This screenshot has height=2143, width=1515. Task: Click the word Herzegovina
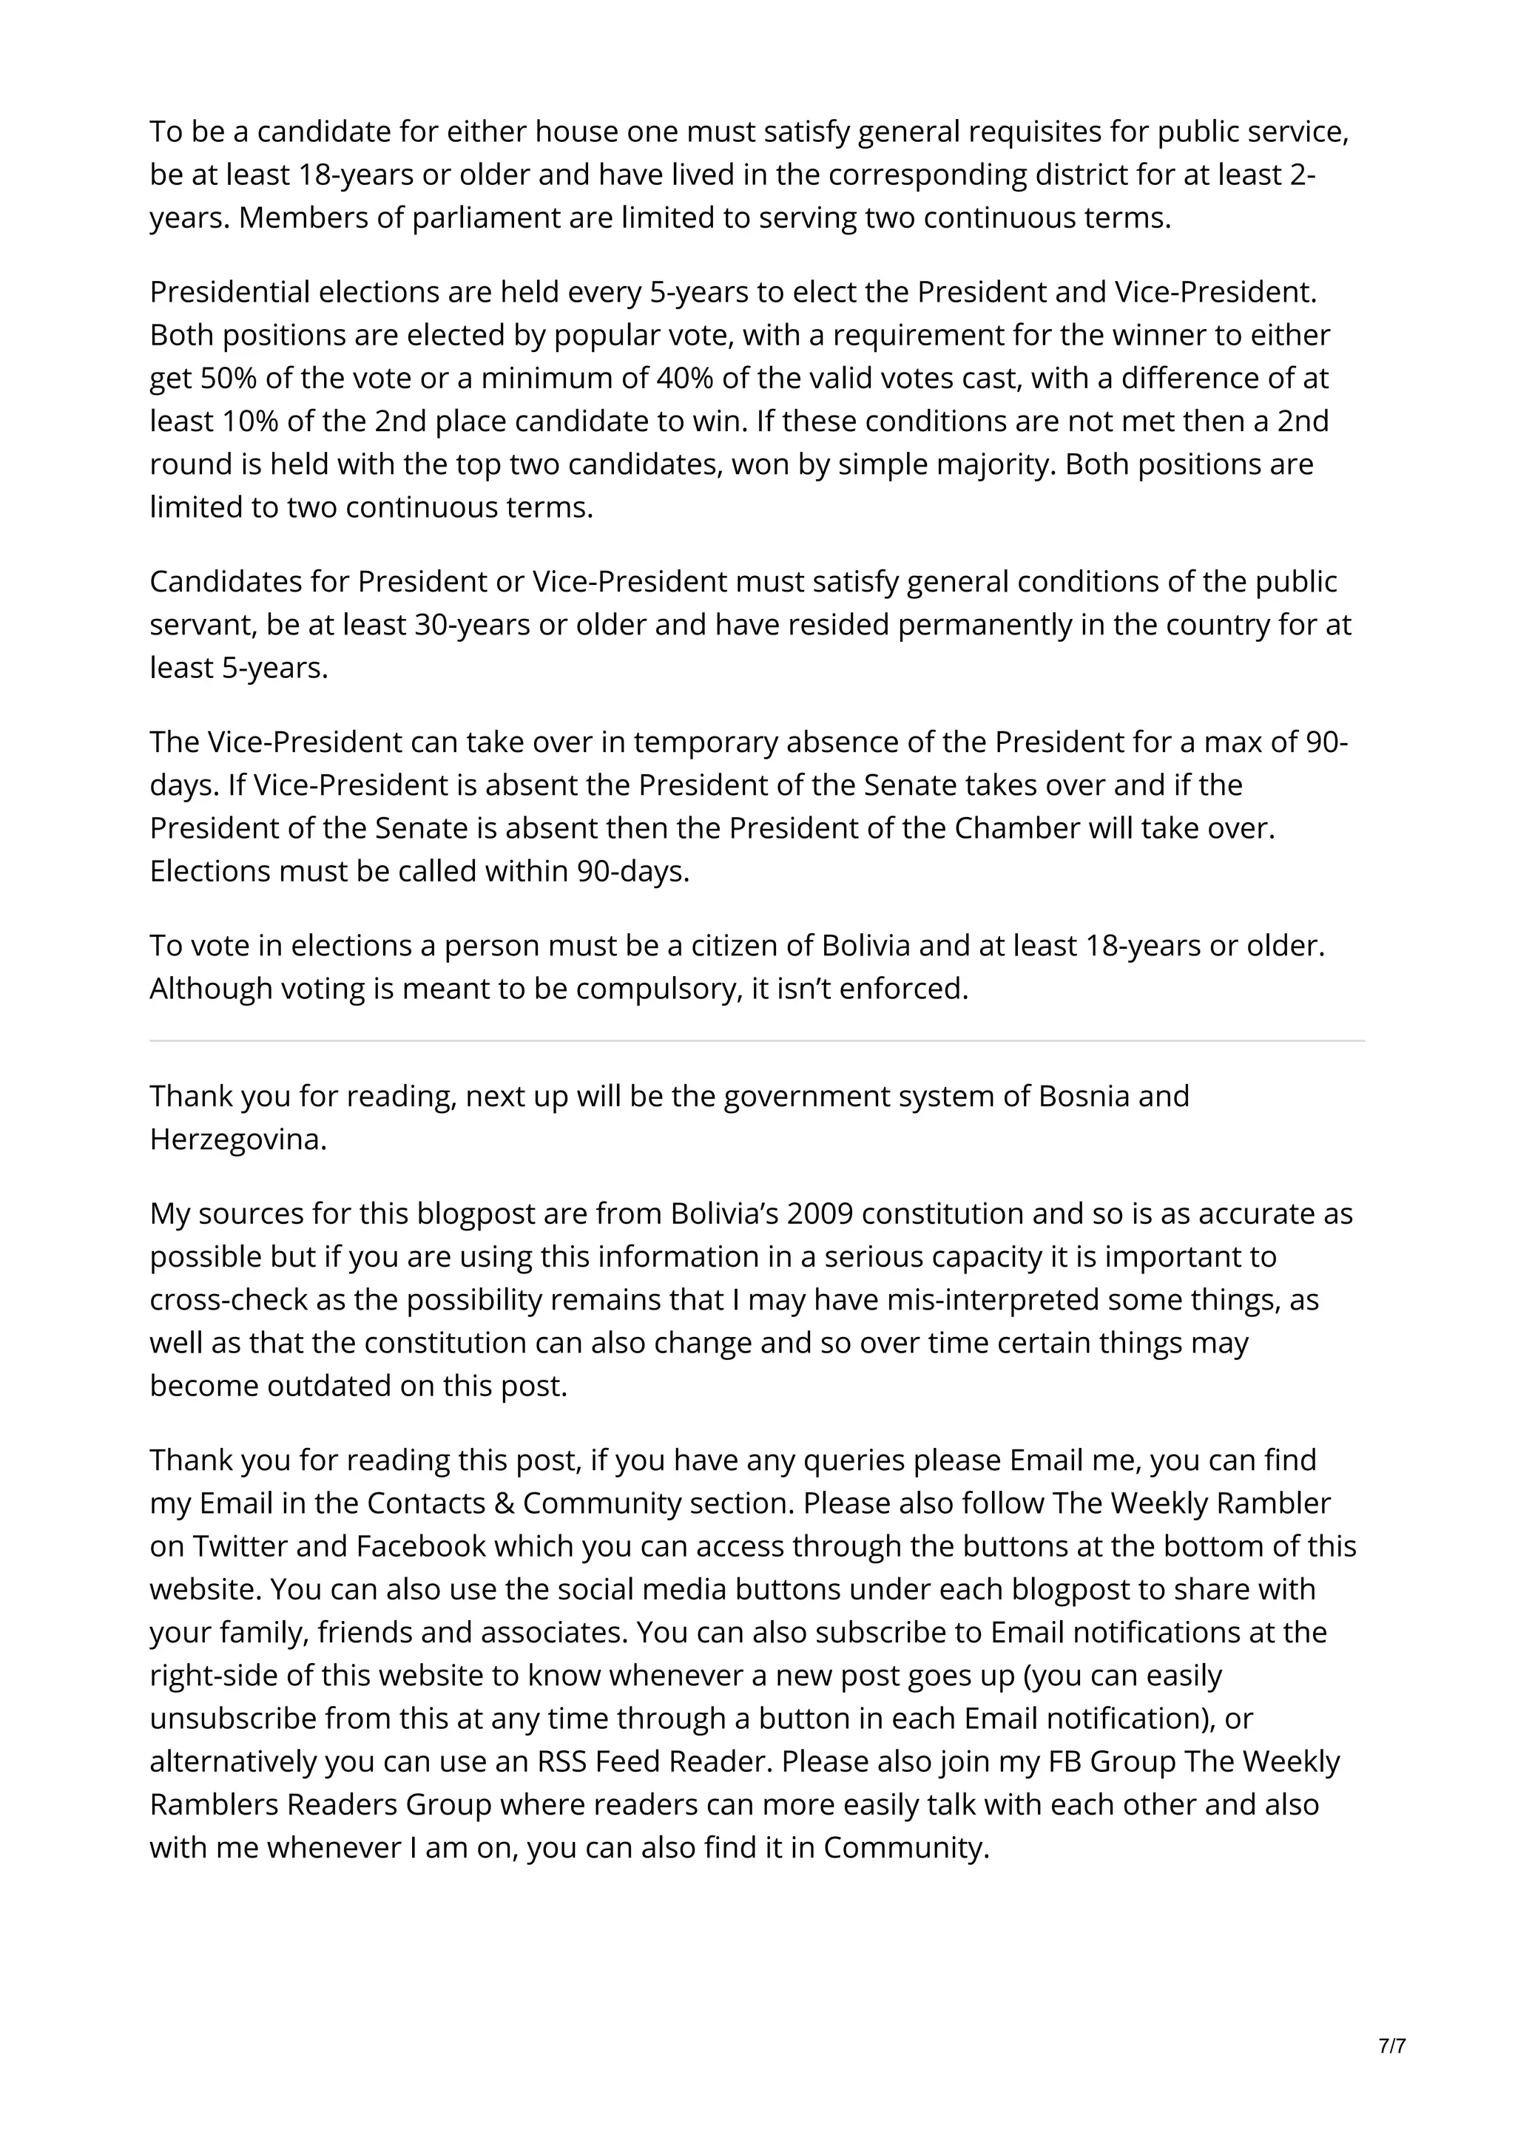coord(238,1140)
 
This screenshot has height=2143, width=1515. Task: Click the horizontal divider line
coord(757,1040)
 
